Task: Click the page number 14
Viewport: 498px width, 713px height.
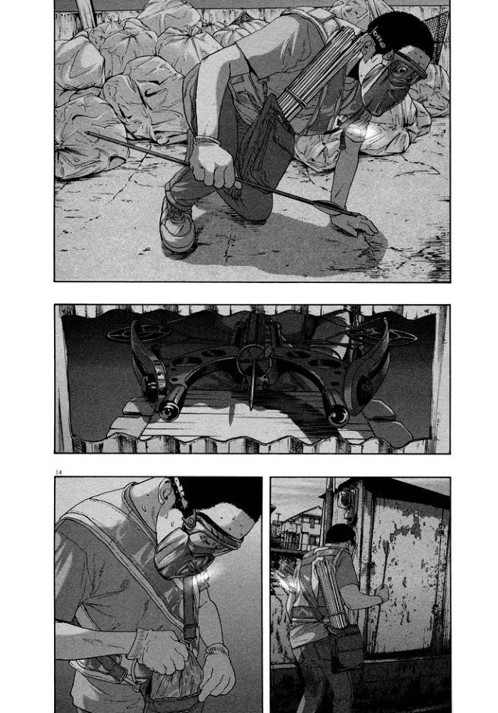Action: click(x=58, y=471)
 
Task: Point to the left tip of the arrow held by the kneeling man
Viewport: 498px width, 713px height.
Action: click(x=88, y=133)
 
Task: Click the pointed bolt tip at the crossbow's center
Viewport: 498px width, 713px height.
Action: click(x=251, y=404)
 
